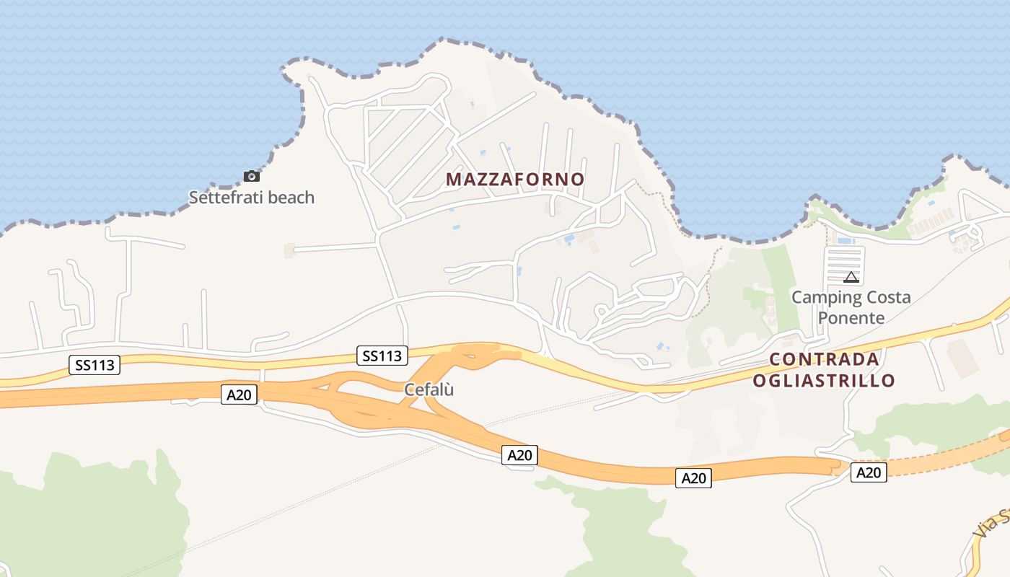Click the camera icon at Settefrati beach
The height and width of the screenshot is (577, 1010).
[251, 176]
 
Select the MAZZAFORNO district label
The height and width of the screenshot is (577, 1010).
[515, 179]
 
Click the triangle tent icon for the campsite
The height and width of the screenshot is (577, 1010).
[851, 277]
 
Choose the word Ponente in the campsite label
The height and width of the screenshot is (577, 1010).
[851, 318]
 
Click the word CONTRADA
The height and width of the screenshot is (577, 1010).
[824, 359]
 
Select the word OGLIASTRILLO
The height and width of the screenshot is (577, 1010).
[824, 380]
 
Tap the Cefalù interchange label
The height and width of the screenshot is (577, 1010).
[429, 389]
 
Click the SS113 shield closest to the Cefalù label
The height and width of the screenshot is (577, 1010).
[382, 355]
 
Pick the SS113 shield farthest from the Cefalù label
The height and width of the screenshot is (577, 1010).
[95, 364]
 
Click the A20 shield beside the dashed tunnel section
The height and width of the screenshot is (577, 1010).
[869, 472]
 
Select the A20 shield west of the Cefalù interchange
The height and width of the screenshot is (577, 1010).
[240, 394]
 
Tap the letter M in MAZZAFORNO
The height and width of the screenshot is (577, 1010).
[453, 179]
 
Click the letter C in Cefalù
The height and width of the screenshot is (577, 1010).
[409, 389]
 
